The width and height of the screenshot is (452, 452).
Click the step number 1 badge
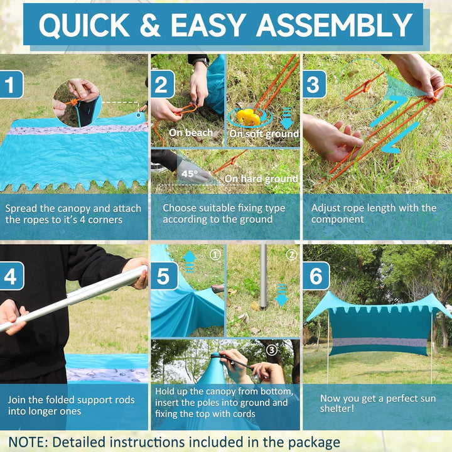[x=11, y=85]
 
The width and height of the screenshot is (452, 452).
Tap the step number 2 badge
[x=163, y=85]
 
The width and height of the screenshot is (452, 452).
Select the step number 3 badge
[x=315, y=85]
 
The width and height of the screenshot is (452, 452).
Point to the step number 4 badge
[x=11, y=276]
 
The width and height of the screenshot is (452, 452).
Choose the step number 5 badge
[x=164, y=276]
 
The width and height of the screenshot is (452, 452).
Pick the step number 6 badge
[x=316, y=276]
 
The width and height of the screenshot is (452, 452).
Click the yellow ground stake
[x=248, y=117]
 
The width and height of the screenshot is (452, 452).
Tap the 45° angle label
[x=190, y=173]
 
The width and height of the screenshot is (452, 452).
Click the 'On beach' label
[x=191, y=133]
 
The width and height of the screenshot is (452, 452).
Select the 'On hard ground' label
[x=261, y=179]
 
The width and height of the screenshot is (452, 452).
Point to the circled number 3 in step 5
[x=271, y=350]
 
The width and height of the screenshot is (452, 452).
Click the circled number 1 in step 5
[x=215, y=255]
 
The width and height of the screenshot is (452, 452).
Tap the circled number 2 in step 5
[x=291, y=255]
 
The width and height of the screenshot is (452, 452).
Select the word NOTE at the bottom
[x=28, y=442]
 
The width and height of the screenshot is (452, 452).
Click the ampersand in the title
[x=150, y=25]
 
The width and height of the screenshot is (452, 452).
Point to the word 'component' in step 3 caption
[x=337, y=220]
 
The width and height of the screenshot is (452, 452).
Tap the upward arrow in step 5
[x=190, y=261]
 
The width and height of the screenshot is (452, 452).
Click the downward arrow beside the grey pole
[x=282, y=295]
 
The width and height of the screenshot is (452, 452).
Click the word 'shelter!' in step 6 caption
[x=336, y=409]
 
